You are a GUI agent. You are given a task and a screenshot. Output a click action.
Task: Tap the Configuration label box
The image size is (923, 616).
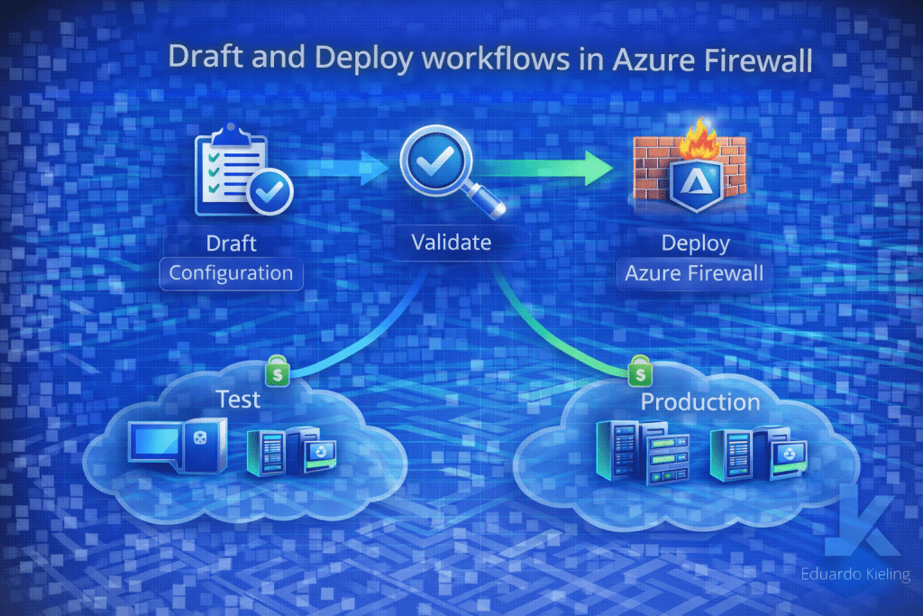(231, 272)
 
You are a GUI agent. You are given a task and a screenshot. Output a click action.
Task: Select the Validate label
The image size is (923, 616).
(452, 242)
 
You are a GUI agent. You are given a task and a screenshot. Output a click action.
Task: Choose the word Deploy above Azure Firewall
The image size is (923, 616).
(695, 243)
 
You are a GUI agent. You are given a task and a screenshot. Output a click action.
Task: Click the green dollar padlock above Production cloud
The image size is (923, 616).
(641, 371)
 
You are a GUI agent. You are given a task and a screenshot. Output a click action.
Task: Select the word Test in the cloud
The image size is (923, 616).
(238, 398)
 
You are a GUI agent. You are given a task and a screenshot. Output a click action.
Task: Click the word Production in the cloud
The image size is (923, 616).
(700, 401)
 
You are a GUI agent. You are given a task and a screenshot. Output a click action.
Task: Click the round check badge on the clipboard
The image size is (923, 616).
(265, 192)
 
